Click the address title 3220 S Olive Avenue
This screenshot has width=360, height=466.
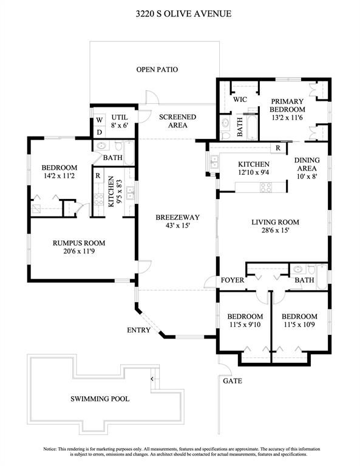[x=183, y=14]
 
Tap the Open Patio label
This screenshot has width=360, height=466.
[x=157, y=70]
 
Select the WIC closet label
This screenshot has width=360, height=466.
[x=240, y=100]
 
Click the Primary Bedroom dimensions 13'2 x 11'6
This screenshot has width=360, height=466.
[x=287, y=118]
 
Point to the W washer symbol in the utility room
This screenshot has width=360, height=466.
[x=100, y=120]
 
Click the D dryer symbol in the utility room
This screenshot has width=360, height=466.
[x=100, y=132]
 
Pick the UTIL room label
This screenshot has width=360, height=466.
[x=120, y=117]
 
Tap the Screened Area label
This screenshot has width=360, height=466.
[x=177, y=121]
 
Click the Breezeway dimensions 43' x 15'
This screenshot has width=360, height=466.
[x=177, y=226]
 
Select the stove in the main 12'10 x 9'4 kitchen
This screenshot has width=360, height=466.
[x=266, y=187]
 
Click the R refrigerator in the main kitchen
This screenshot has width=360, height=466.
[x=278, y=148]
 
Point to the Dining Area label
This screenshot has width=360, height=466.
[x=307, y=164]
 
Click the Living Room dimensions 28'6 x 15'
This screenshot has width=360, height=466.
[x=275, y=231]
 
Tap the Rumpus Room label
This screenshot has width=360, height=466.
[x=79, y=243]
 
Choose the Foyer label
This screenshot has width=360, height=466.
[x=233, y=280]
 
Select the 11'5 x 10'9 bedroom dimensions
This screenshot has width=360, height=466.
[x=299, y=325]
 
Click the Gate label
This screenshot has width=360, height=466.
[x=233, y=381]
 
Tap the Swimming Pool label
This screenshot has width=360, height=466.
[x=100, y=399]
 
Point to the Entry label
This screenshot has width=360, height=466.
[x=138, y=330]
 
